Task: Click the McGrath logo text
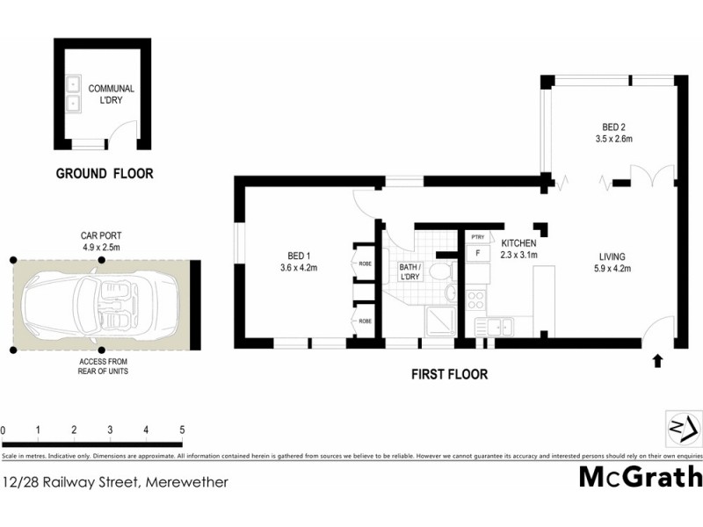[x=640, y=477]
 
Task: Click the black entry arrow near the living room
[x=657, y=360]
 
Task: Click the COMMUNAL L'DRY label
[x=111, y=95]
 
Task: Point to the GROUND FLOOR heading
[x=105, y=174]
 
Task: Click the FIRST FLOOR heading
[x=450, y=374]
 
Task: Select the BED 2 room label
[x=614, y=132]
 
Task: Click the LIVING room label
[x=613, y=263]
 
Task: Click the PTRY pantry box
[x=477, y=237]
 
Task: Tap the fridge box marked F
[x=477, y=254]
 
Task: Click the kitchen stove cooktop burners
[x=475, y=300]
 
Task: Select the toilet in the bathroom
[x=448, y=294]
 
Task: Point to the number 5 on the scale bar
[x=181, y=430]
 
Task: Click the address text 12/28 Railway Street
[x=116, y=481]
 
